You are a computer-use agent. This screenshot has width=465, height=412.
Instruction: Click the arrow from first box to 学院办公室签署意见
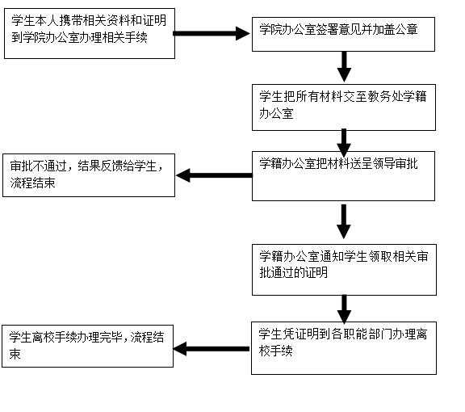click(212, 33)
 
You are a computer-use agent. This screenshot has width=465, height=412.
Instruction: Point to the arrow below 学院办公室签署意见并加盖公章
click(344, 67)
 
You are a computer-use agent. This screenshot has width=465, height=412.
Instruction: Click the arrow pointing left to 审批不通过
click(214, 175)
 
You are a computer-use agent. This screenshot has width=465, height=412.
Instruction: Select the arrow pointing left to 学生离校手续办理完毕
click(212, 349)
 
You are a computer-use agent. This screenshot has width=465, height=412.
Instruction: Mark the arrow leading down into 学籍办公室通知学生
click(344, 221)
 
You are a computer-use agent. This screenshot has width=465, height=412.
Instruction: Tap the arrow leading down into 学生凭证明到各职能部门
click(344, 309)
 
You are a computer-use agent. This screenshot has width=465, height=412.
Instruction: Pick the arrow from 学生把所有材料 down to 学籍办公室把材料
click(344, 143)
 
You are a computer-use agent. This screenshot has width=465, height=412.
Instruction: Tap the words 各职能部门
click(361, 334)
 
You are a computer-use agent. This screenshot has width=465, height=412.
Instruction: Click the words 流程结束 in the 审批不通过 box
click(32, 183)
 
